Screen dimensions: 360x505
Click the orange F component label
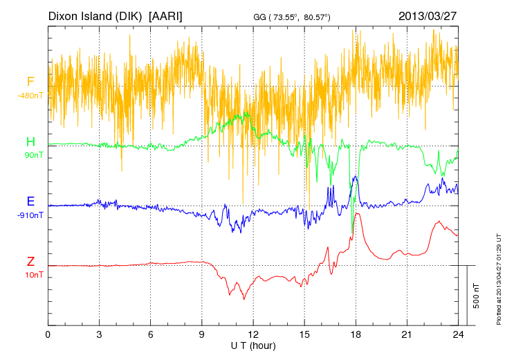tap(30, 82)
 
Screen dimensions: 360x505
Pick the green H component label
tap(30, 142)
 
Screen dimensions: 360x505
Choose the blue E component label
tap(30, 201)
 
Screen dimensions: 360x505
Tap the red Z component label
tap(30, 262)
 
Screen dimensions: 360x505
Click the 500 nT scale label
tap(477, 296)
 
